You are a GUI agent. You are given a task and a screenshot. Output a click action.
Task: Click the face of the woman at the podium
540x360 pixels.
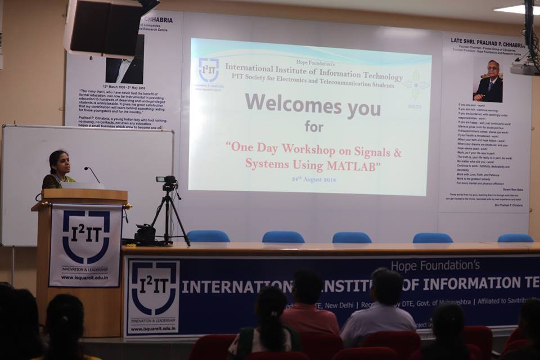pyautogui.click(x=60, y=164)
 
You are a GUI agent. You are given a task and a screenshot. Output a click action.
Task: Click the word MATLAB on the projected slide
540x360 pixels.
pyautogui.click(x=352, y=166)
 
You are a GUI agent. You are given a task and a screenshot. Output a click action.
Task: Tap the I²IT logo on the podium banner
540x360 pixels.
pyautogui.click(x=85, y=237)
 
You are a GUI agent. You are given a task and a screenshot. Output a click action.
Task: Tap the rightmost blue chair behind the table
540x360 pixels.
pyautogui.click(x=515, y=238)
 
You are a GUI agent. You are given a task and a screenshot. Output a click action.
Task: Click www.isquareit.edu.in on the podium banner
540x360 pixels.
pyautogui.click(x=84, y=277)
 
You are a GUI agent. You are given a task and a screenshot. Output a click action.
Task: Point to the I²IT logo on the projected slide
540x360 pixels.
pyautogui.click(x=209, y=71)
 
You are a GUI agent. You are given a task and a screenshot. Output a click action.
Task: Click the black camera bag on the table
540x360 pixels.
pyautogui.click(x=145, y=234)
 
